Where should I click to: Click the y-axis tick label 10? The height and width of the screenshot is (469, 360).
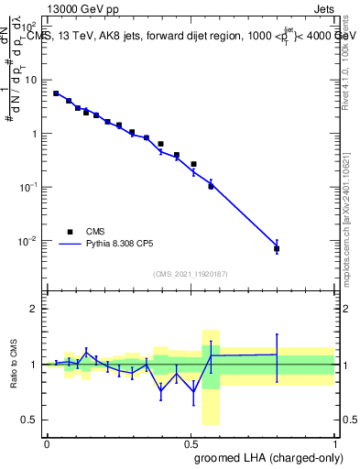32,80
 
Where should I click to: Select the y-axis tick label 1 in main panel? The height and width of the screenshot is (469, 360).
36,134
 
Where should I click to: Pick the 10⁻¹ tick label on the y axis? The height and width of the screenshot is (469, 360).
30,187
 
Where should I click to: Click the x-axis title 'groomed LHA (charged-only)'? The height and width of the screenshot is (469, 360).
265,458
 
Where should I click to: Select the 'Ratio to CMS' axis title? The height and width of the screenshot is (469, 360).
14,364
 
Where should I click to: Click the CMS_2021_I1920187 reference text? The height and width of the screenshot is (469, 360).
190,274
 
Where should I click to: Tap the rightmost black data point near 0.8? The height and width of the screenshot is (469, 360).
277,248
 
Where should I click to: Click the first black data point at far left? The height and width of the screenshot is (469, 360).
56,93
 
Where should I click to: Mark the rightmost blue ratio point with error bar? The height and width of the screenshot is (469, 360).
277,354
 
